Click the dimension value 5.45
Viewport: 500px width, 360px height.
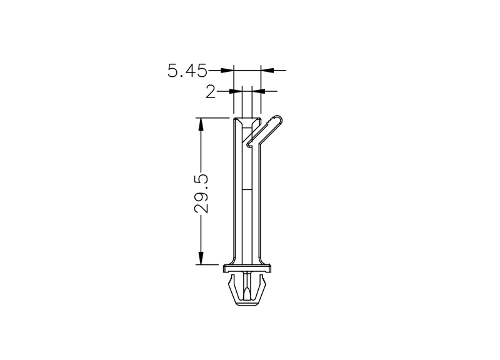click(x=187, y=71)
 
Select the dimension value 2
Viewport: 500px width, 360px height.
click(x=211, y=92)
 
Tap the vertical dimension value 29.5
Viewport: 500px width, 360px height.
click(x=201, y=194)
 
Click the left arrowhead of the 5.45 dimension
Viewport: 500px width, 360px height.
click(x=227, y=70)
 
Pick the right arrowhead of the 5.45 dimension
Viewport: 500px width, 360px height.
click(x=267, y=70)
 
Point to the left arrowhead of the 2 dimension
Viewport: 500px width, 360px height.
click(x=236, y=91)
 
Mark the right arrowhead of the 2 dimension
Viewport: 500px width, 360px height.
click(x=258, y=91)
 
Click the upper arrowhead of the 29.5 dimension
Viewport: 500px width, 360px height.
click(x=201, y=124)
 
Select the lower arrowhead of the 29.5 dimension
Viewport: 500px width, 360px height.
click(x=201, y=258)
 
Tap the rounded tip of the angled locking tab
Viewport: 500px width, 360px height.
click(x=278, y=118)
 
